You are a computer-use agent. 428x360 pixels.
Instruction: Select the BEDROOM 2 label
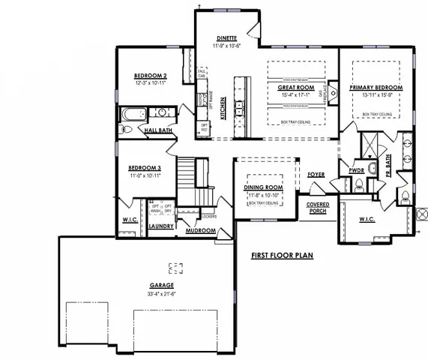click(x=150, y=76)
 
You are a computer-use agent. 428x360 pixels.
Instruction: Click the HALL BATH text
click(x=159, y=130)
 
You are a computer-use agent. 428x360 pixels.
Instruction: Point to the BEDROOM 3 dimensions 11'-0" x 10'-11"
click(x=145, y=175)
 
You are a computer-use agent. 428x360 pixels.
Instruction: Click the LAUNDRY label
click(x=161, y=225)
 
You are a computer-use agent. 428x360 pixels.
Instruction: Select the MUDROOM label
click(x=200, y=231)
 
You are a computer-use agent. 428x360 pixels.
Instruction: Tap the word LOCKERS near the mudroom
click(x=210, y=216)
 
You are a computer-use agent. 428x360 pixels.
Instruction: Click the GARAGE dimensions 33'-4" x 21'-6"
click(x=161, y=293)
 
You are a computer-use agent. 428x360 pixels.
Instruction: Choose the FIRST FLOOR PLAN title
click(x=282, y=255)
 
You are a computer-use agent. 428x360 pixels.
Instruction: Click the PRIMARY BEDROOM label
click(x=376, y=88)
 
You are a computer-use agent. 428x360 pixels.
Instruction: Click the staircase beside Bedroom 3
click(x=189, y=180)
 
